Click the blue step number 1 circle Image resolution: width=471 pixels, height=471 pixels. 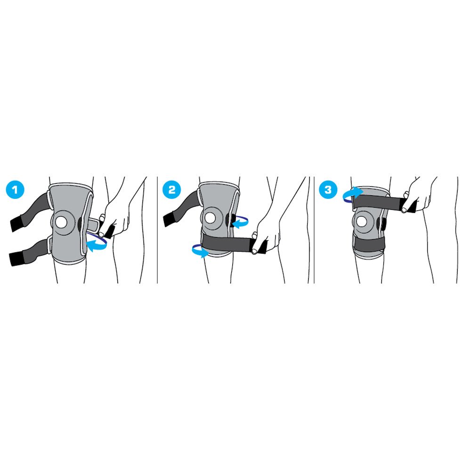(15, 189)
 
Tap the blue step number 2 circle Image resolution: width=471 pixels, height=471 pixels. (172, 189)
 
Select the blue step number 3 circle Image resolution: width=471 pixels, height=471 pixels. (328, 189)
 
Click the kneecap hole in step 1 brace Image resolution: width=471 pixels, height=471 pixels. (62, 222)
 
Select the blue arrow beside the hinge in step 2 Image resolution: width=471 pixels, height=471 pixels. (240, 222)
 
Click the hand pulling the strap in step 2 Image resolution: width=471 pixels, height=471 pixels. (266, 236)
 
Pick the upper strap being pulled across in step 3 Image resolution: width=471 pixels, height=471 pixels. (381, 202)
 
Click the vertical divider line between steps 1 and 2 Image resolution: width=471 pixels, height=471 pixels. (157, 230)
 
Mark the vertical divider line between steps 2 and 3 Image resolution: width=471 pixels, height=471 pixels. (314, 230)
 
